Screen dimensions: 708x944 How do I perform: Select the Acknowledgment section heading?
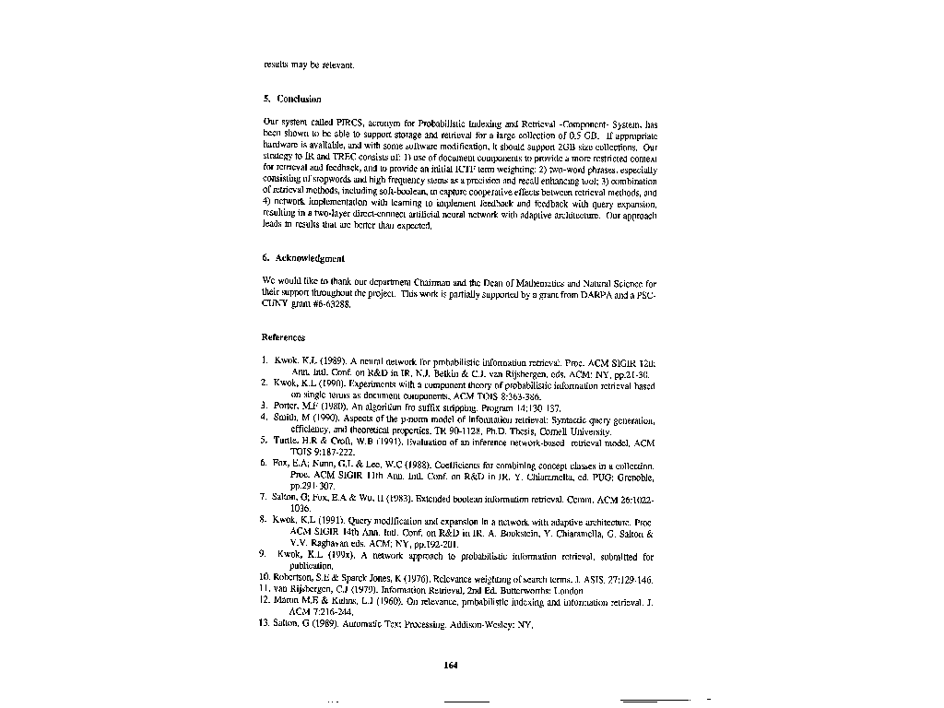(x=303, y=259)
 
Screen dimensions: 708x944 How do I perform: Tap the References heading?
(x=283, y=337)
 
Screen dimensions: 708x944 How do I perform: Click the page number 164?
(x=451, y=665)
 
